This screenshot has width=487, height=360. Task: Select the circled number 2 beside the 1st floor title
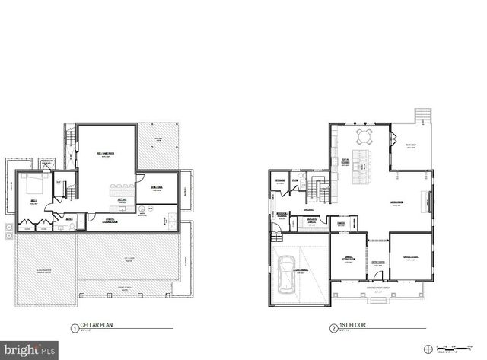tap(334, 330)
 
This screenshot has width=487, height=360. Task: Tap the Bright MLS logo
tap(29, 350)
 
